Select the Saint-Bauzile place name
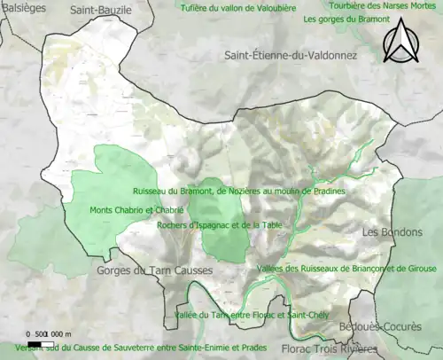101,9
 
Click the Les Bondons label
390,232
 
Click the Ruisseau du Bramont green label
238,191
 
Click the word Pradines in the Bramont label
327,191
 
